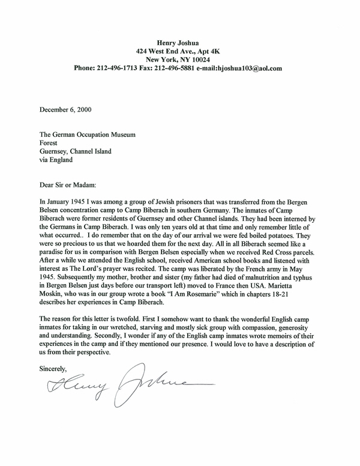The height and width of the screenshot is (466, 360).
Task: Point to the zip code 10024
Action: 207,60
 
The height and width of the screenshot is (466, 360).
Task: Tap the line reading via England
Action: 56,160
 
